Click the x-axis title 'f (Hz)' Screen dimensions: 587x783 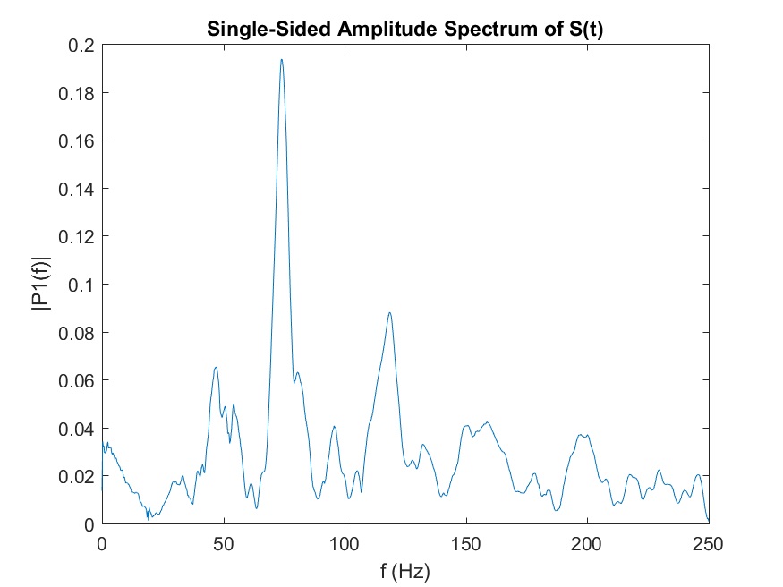click(x=405, y=568)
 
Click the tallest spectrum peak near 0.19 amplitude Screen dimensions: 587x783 click(x=281, y=60)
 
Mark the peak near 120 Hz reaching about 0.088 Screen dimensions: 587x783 click(x=390, y=312)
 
